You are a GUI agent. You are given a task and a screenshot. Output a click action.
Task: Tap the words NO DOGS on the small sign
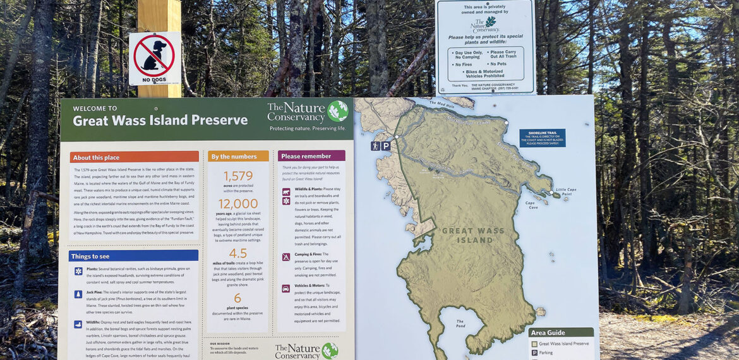[x=155, y=80]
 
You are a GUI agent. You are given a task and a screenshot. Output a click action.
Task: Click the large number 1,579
[x=238, y=176]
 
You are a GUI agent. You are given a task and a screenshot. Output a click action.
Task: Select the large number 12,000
[x=238, y=203]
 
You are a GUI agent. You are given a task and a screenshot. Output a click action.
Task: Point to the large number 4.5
[x=237, y=253]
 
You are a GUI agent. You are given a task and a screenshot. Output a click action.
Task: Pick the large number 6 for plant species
[x=237, y=298]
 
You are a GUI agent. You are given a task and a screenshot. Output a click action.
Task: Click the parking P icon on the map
[x=385, y=146]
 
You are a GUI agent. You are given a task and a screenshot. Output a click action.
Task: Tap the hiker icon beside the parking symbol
[x=376, y=146]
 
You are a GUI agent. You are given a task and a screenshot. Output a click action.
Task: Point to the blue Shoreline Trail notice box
[x=542, y=138]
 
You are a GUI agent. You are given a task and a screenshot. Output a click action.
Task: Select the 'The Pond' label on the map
[x=460, y=323]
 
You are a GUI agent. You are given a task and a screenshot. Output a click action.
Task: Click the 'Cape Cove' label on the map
[x=532, y=205]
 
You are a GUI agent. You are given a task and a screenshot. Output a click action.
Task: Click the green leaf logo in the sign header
[x=337, y=111]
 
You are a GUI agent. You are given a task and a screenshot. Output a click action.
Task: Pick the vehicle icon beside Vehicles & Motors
[x=286, y=288]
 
